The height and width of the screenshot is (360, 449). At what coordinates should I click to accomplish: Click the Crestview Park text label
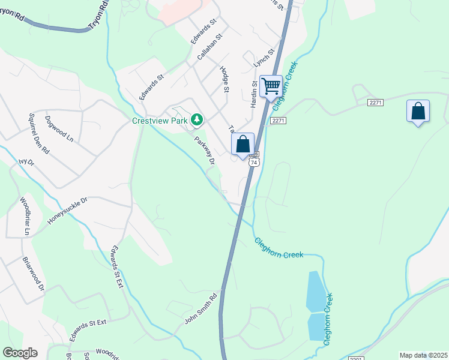(x=159, y=120)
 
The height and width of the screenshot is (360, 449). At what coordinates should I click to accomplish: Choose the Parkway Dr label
(x=204, y=150)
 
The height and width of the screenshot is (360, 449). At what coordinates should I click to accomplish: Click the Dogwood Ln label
(x=59, y=128)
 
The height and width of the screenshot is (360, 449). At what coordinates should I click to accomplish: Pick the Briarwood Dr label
(x=34, y=274)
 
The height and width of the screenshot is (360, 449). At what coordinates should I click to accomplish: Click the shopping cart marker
(x=271, y=86)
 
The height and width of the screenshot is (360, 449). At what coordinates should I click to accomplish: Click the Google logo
(x=20, y=353)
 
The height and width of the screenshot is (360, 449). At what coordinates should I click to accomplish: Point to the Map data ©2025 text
(x=424, y=355)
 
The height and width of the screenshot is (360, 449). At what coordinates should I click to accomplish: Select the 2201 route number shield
(x=355, y=359)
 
